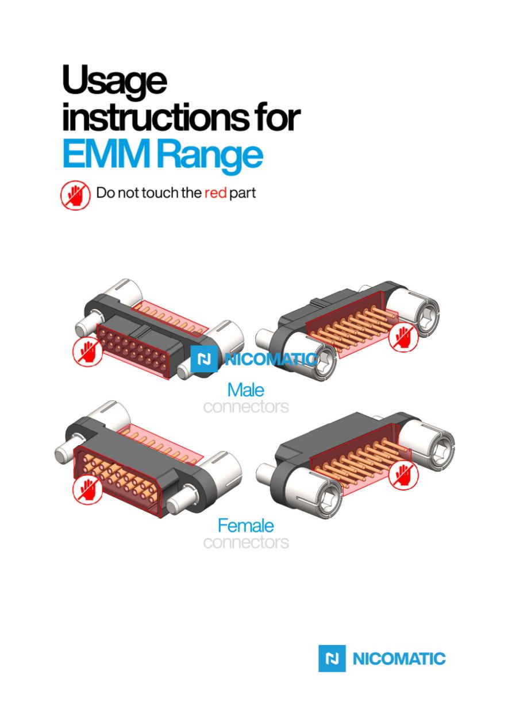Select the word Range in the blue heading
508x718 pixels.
click(x=210, y=156)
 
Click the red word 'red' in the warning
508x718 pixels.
click(x=215, y=192)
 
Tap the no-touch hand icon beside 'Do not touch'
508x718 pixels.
click(x=76, y=195)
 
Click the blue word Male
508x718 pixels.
click(x=245, y=390)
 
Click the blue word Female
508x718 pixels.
click(x=245, y=526)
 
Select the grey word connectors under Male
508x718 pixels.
click(x=246, y=407)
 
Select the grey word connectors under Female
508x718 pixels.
click(x=246, y=542)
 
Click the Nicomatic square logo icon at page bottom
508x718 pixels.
click(x=332, y=658)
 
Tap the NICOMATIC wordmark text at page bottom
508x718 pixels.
click(x=399, y=658)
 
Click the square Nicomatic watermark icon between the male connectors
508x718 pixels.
click(x=203, y=359)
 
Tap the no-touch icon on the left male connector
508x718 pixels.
click(x=87, y=352)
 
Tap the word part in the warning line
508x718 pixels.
click(x=243, y=194)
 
